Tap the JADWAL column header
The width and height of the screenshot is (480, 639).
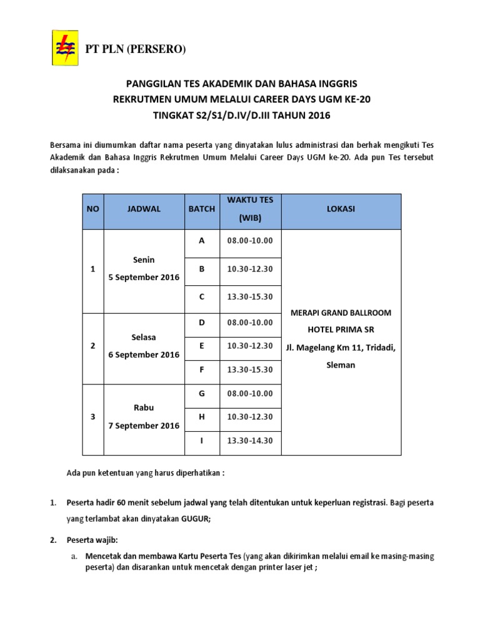[x=144, y=209]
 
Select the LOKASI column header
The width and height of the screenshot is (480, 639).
[x=341, y=209]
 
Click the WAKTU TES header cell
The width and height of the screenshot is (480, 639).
[x=245, y=209]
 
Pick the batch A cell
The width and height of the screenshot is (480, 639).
[x=201, y=240]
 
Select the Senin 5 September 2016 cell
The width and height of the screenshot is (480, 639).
[x=144, y=268]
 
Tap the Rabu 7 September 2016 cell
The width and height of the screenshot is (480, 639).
[x=144, y=417]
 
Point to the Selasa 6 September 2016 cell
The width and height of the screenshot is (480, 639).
[x=144, y=346]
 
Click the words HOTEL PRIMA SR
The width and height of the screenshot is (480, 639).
[x=341, y=329]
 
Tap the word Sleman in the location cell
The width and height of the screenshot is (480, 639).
[x=341, y=364]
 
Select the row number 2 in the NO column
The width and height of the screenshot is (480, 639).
[x=93, y=346]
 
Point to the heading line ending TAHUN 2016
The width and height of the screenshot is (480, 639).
[x=240, y=115]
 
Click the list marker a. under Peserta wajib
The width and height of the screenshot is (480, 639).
[x=73, y=555]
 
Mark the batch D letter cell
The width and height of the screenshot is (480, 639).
[x=201, y=322]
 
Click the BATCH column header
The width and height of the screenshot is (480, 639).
[x=201, y=209]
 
